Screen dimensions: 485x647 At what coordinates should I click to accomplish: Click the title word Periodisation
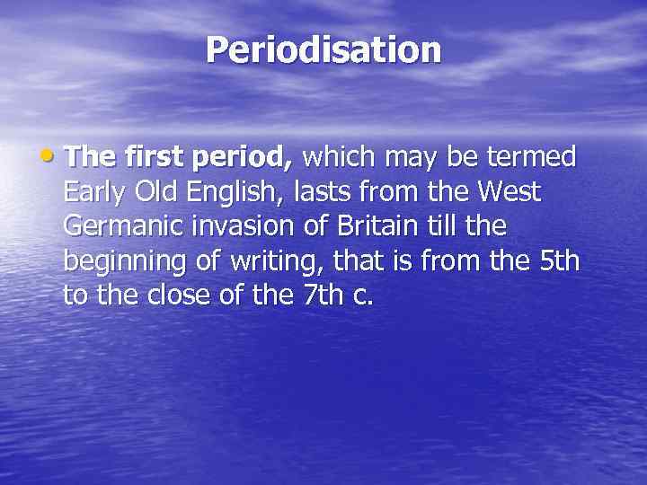pos(323,50)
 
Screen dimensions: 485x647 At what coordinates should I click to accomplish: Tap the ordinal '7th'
pos(320,295)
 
